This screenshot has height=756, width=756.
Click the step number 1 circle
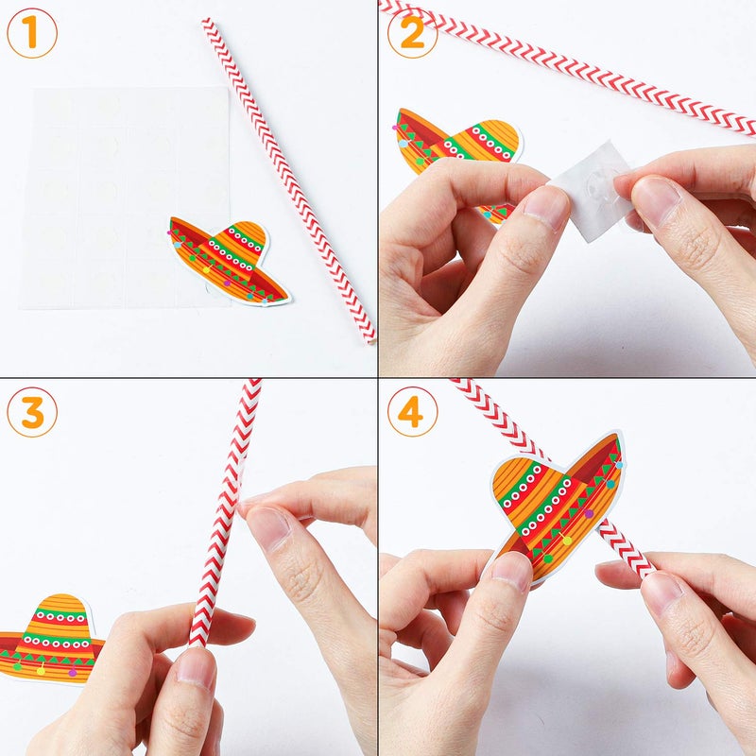pos(31,33)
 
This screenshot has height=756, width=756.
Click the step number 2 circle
pos(412,33)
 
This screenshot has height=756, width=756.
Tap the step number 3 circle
pos(31,413)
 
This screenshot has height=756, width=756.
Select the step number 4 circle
pos(412,413)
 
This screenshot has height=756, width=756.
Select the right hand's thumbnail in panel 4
pos(661,592)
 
